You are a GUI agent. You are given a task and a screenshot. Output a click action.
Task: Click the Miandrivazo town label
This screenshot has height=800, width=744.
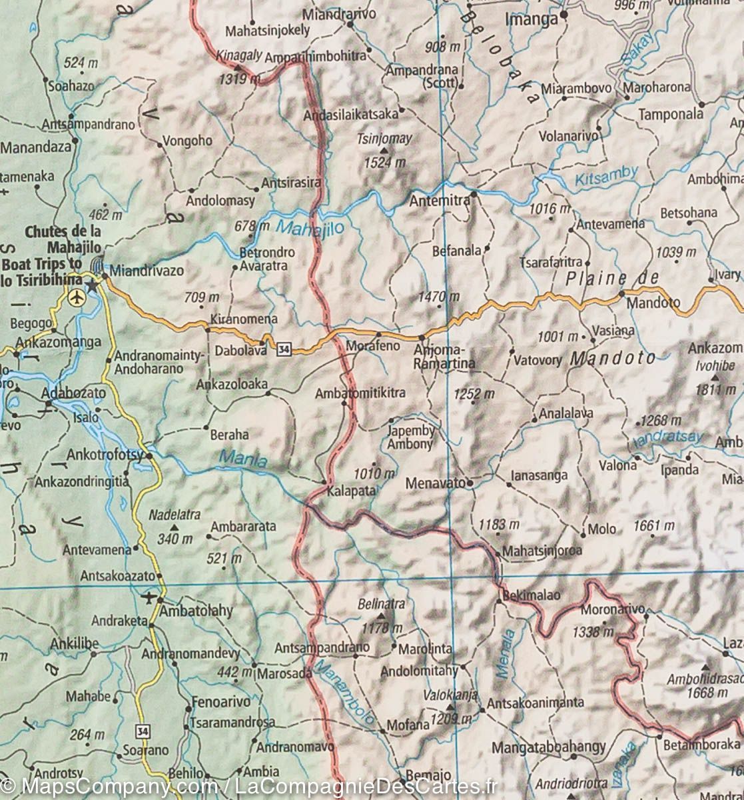[147, 271]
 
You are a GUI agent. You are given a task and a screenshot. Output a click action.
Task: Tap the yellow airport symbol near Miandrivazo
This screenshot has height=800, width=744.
[77, 298]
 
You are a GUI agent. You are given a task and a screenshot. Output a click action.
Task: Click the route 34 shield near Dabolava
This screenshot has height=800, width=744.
[284, 348]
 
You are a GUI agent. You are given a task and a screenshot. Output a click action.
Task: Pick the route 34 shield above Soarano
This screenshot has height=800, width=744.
[142, 731]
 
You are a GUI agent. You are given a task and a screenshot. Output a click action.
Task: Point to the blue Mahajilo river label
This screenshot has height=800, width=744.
[310, 228]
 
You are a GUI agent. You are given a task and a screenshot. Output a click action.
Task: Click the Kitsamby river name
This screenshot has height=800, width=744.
[606, 175]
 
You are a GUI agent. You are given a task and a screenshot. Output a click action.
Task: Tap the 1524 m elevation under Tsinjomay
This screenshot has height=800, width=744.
[384, 162]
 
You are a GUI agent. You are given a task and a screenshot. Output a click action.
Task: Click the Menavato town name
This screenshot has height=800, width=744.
[436, 483]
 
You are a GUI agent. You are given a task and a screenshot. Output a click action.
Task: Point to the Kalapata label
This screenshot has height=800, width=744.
[351, 491]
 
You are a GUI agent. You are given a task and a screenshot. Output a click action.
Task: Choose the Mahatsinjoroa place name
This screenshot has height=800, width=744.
[542, 551]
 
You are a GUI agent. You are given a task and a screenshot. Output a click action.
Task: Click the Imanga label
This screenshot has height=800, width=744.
[531, 19]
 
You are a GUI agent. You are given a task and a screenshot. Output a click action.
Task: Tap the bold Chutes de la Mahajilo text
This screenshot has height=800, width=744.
[64, 239]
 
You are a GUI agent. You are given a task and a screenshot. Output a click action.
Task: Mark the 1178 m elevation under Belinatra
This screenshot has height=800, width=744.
[380, 628]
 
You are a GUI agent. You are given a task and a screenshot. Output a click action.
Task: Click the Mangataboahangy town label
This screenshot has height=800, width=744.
[548, 748]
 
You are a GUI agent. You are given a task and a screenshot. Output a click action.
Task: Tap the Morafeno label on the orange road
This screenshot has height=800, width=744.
[373, 345]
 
